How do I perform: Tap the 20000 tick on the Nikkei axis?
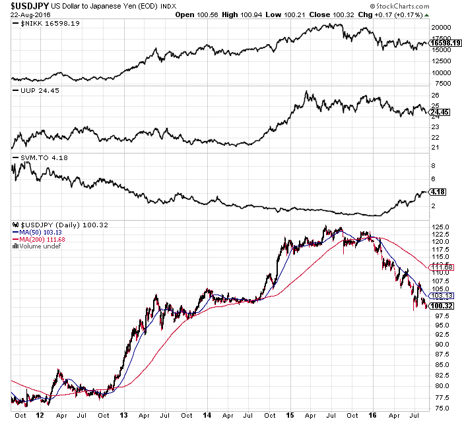coord(441,28)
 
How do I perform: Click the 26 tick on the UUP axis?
coord(436,96)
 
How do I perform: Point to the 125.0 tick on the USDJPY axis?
coord(441,227)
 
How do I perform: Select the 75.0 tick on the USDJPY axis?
coord(439,408)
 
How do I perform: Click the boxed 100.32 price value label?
coord(441,306)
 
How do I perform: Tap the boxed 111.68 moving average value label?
coord(441,266)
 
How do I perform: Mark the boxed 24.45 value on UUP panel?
coord(440,111)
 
